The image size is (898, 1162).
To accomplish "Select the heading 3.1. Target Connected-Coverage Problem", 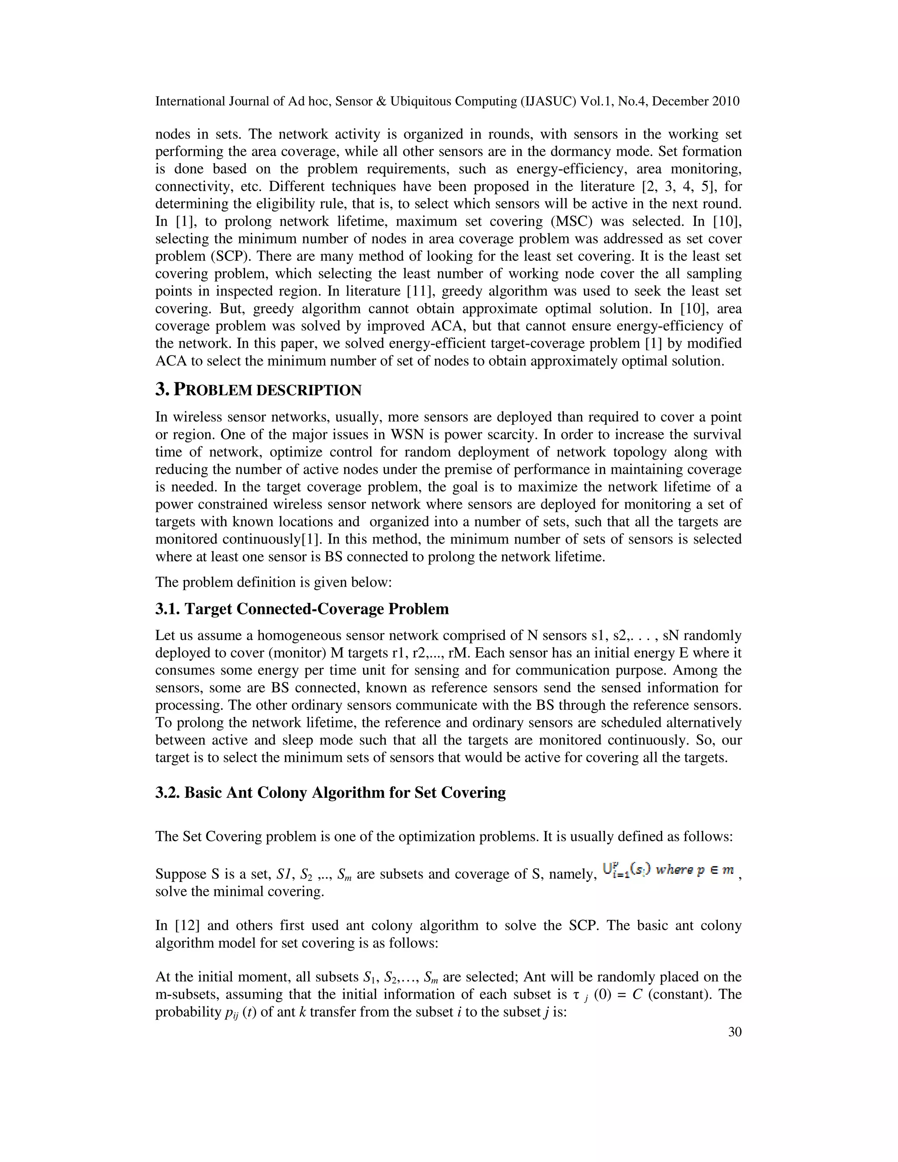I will [302, 609].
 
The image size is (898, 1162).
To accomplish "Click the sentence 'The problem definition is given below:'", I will [274, 582].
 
